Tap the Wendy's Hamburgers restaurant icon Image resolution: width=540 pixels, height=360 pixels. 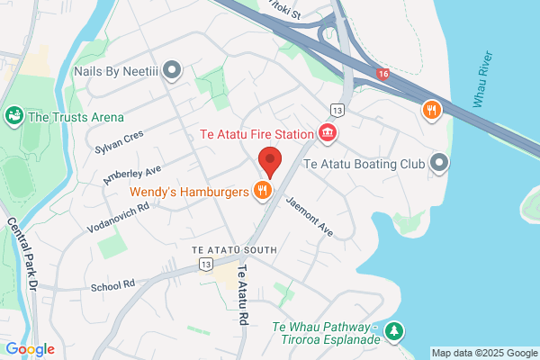click(263, 190)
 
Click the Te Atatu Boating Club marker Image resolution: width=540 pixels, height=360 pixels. click(438, 163)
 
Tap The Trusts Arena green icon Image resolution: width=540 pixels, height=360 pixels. click(13, 115)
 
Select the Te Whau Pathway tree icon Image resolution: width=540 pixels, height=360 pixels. click(394, 332)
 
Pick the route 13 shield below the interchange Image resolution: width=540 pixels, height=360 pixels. click(337, 109)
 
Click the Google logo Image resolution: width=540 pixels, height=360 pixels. click(31, 349)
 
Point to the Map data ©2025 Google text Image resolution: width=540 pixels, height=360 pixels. click(484, 352)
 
